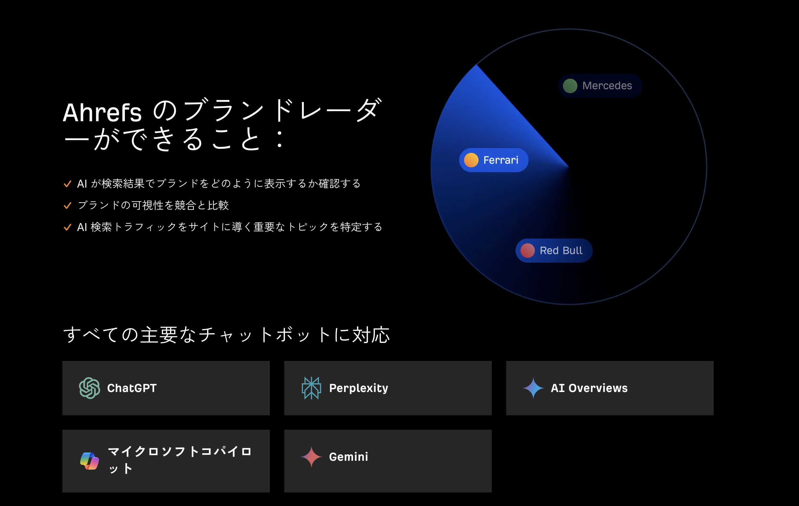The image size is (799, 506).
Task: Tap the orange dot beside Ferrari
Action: [x=471, y=160]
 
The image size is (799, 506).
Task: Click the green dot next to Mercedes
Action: [x=570, y=86]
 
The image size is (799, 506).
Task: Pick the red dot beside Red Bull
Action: [x=527, y=251]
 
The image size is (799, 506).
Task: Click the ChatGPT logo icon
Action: [x=90, y=388]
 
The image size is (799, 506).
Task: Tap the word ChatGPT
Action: [x=132, y=388]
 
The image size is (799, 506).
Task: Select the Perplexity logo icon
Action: [x=311, y=388]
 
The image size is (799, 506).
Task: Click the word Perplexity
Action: [x=358, y=388]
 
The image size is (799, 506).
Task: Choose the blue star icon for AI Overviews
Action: [x=533, y=388]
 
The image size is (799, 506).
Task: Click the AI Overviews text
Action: [x=589, y=388]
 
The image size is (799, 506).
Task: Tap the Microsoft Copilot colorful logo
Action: [x=90, y=461]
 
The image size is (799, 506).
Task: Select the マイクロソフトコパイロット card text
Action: [x=179, y=460]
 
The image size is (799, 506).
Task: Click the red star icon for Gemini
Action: [x=311, y=457]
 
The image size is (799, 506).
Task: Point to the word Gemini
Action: [x=349, y=457]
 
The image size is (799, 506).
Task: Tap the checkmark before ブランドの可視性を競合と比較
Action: [x=67, y=205]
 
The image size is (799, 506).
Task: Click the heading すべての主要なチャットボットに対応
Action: [x=226, y=334]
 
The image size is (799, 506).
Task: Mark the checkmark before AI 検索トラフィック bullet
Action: [x=67, y=227]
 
